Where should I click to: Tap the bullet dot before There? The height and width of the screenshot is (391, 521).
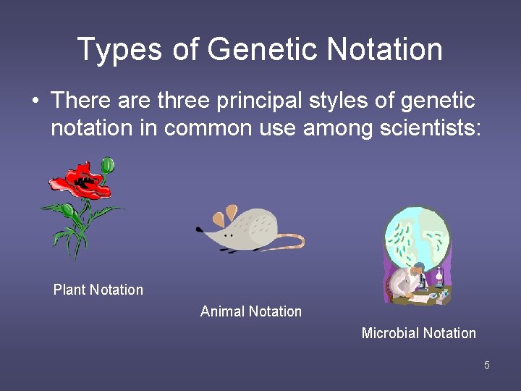(x=35, y=101)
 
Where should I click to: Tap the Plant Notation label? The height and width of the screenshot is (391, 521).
(x=98, y=290)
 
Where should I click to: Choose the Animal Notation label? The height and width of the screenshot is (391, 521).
(x=250, y=311)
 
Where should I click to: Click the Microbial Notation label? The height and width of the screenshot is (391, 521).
(x=418, y=333)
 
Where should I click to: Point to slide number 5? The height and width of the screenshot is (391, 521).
(x=487, y=365)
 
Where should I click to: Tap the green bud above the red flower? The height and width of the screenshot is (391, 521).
(x=108, y=165)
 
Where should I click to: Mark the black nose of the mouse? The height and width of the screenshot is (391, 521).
(x=199, y=230)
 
